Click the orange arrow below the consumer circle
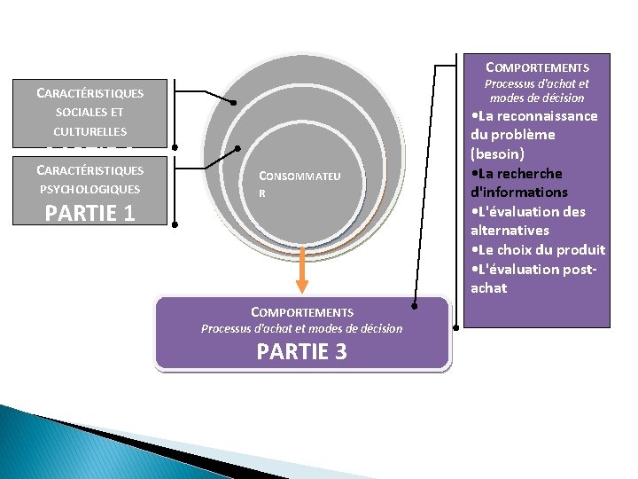(302, 270)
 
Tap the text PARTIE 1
(89, 214)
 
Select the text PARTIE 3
(301, 352)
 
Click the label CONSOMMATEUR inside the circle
(298, 184)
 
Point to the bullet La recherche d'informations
(518, 183)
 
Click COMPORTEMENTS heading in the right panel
(537, 67)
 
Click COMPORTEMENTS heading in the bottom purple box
(302, 311)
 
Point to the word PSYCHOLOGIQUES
(89, 189)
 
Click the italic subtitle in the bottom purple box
(301, 328)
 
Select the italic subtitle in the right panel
(536, 90)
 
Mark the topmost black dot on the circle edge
(233, 103)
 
